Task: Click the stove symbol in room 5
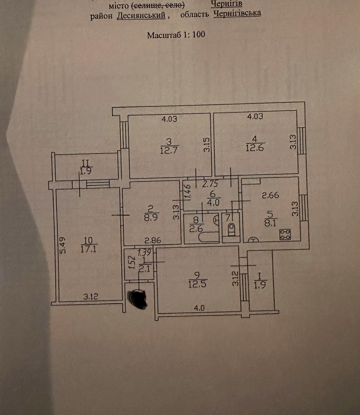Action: (x=285, y=234)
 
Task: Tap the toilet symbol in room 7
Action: (x=231, y=229)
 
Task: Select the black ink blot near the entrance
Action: (x=138, y=297)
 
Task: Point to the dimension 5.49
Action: (x=62, y=245)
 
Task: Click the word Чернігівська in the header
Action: (x=237, y=13)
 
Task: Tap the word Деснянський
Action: (x=141, y=16)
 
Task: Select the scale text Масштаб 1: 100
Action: (x=176, y=35)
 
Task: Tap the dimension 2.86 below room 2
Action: (x=153, y=240)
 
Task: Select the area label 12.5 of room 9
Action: (x=197, y=284)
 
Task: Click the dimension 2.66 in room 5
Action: (x=270, y=196)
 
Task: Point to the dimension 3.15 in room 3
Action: (x=206, y=145)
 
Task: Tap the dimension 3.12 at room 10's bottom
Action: (x=91, y=296)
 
